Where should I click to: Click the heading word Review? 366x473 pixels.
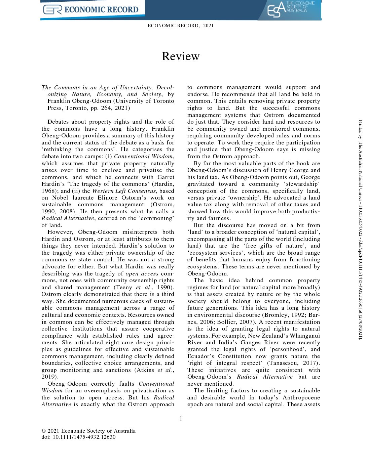[181, 56]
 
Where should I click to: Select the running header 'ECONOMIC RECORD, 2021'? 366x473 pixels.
[181, 26]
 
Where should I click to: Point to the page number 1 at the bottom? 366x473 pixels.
[181, 419]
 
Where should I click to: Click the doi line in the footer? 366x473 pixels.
[78, 437]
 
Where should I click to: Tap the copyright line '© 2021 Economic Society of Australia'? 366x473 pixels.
[88, 431]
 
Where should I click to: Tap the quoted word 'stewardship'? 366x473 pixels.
[302, 184]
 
